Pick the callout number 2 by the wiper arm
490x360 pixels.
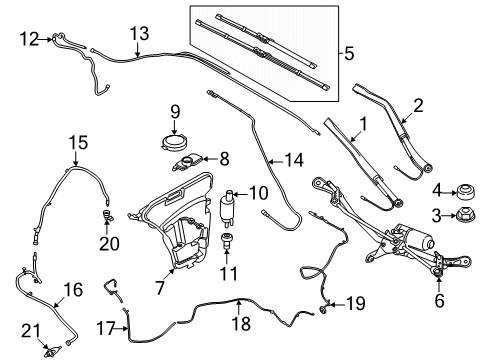coord(419,104)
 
